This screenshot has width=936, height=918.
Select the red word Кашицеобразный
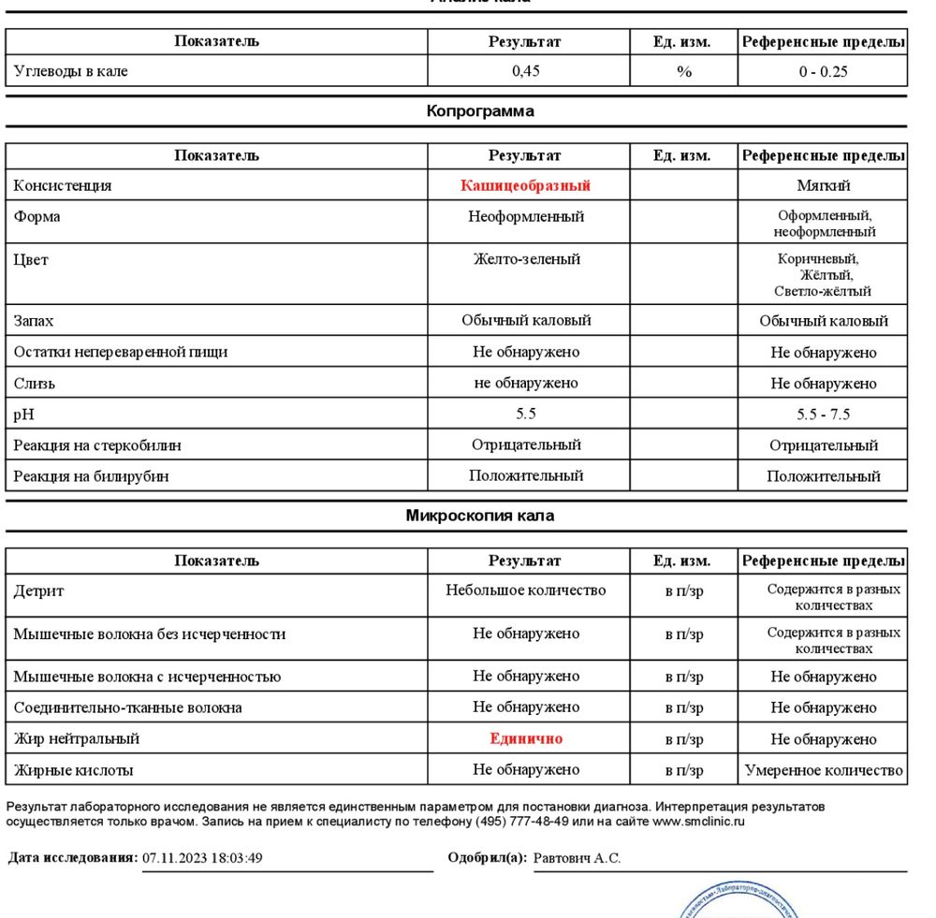pos(525,185)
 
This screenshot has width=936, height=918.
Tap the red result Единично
pos(526,738)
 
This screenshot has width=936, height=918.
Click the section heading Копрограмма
pos(480,111)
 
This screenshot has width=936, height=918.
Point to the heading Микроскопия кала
pos(479,516)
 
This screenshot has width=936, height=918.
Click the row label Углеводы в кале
pos(71,71)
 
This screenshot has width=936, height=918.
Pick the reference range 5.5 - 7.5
pos(823,415)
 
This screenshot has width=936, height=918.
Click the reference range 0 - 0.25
pos(823,72)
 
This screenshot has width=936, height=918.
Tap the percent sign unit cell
pos(683,72)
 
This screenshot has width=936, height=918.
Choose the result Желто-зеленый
pos(526,259)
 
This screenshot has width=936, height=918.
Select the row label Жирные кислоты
pos(73,770)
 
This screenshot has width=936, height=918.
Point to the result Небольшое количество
pos(525,590)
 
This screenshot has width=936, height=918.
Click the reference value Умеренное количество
pos(824,770)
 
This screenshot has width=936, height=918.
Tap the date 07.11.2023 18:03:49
pos(202,858)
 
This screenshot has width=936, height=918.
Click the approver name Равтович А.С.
pos(577,858)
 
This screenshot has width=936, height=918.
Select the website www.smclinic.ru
pos(698,823)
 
